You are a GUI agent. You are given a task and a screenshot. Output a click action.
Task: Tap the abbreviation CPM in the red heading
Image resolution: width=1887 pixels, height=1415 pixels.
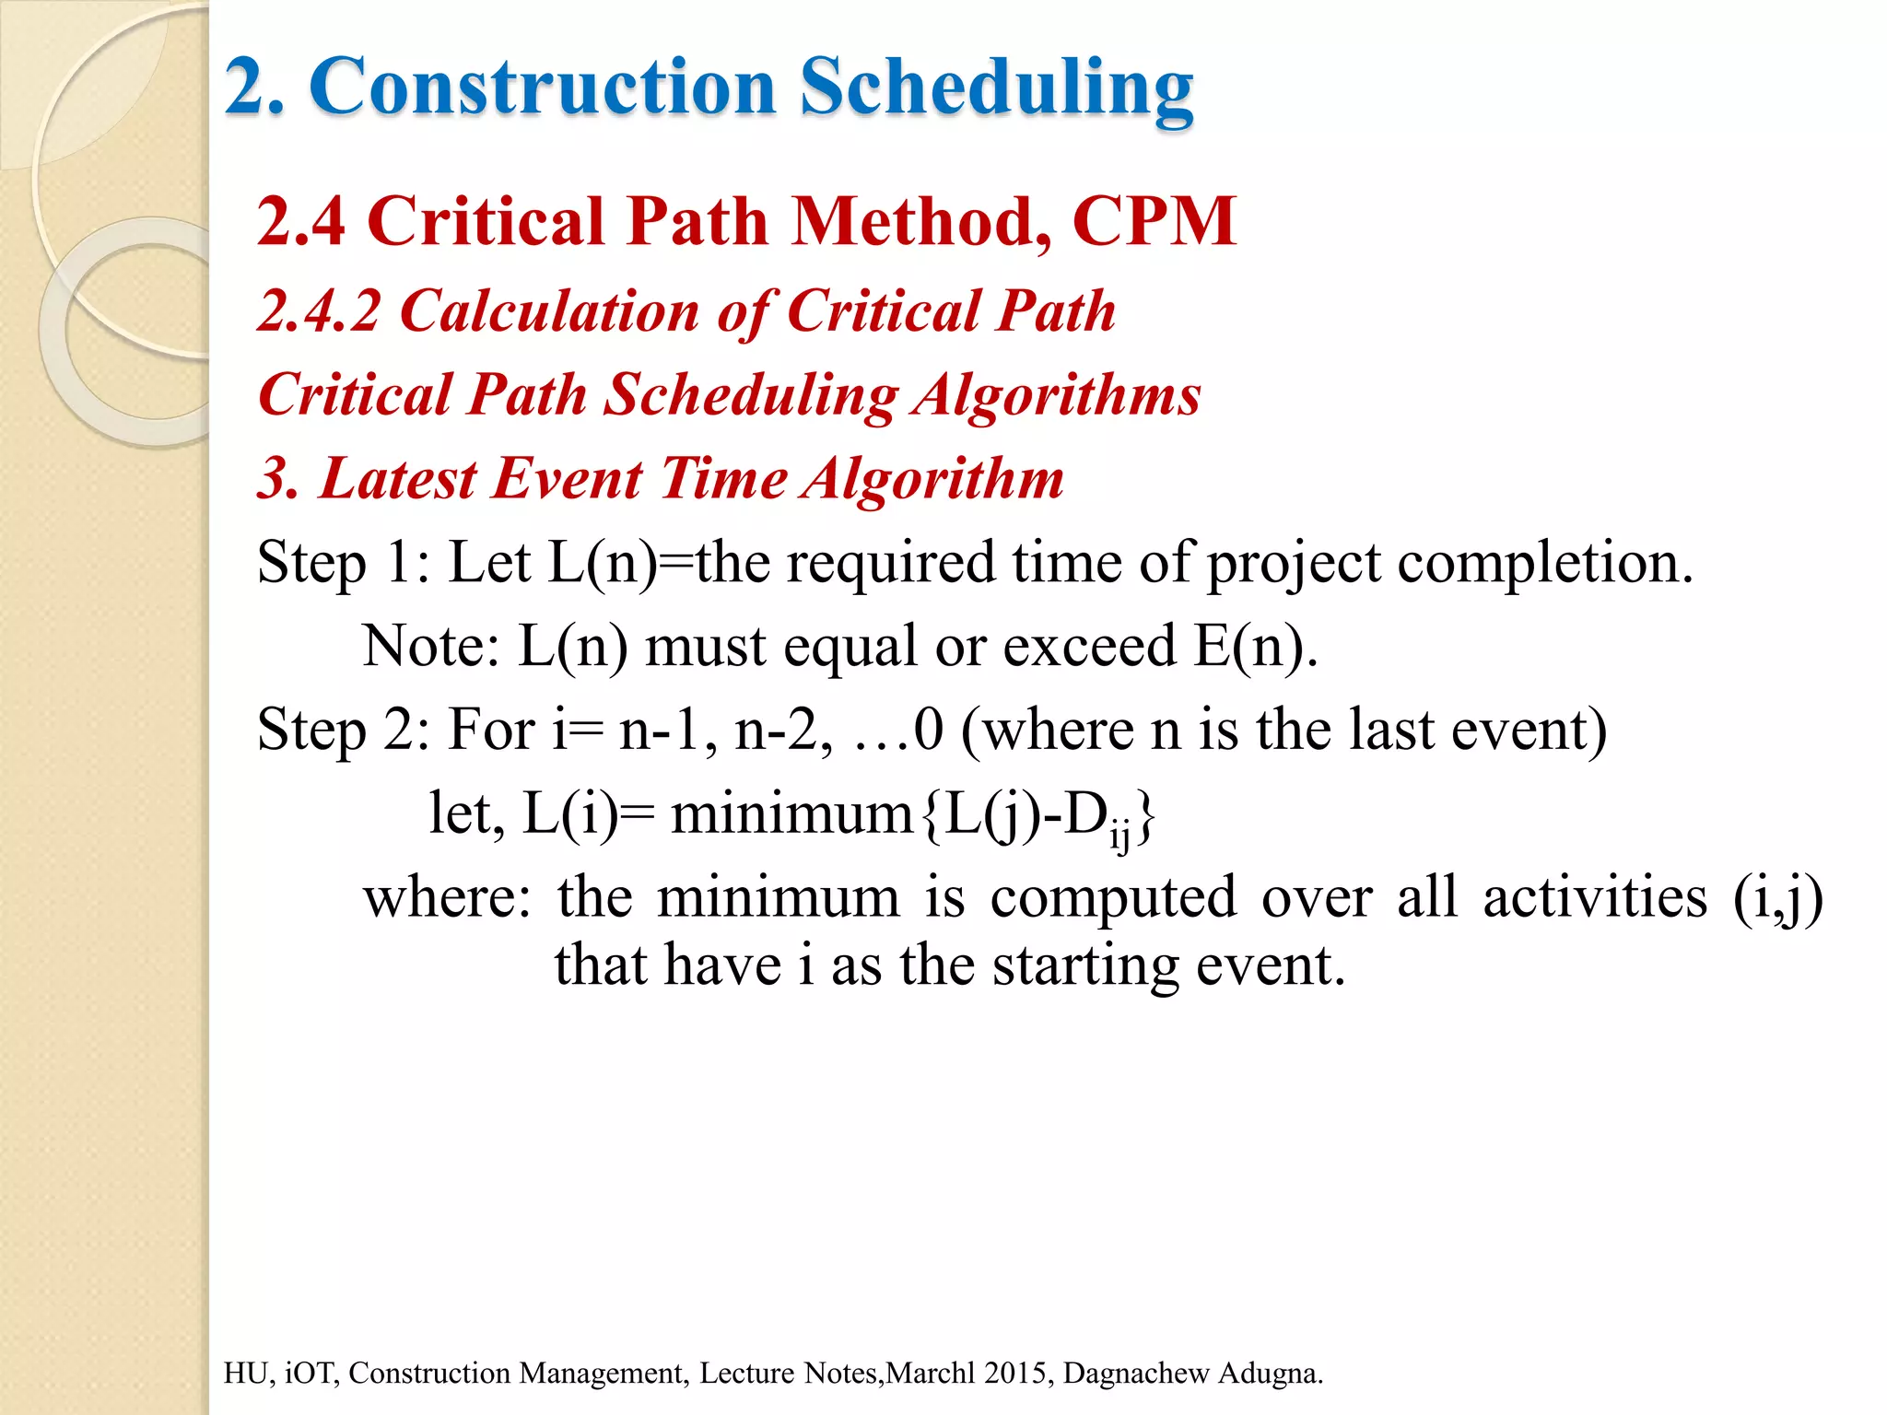tap(1154, 221)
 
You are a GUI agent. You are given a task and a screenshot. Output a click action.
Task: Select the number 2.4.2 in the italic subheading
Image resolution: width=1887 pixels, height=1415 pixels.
tap(319, 310)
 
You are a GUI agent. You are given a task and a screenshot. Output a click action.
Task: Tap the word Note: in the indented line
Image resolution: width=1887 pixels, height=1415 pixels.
tap(430, 646)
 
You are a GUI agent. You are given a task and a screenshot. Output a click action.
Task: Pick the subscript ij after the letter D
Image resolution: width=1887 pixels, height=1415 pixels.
tap(1119, 836)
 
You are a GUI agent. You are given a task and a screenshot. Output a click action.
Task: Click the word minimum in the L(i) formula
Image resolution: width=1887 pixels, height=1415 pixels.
tap(791, 814)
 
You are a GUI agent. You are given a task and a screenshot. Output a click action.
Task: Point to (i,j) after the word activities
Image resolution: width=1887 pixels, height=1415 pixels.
tap(1777, 897)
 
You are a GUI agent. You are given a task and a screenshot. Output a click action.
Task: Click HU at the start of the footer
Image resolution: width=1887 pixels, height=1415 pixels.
tap(244, 1373)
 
